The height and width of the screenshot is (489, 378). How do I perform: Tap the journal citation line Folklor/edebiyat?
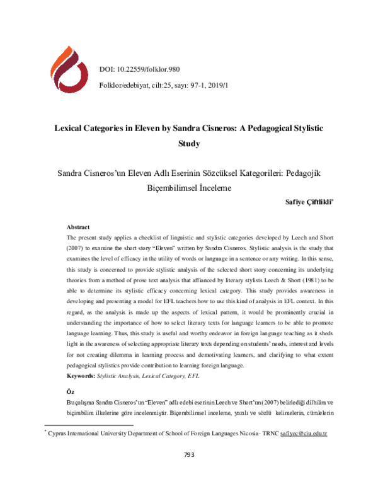tap(164, 84)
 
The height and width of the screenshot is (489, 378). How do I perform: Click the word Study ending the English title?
tap(189, 143)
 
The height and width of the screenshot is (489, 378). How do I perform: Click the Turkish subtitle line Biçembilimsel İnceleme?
tap(189, 188)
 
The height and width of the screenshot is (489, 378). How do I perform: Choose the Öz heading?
tap(71, 391)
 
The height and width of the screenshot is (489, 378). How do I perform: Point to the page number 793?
tap(189, 455)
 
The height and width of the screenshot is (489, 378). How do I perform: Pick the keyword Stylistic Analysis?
tap(119, 376)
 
